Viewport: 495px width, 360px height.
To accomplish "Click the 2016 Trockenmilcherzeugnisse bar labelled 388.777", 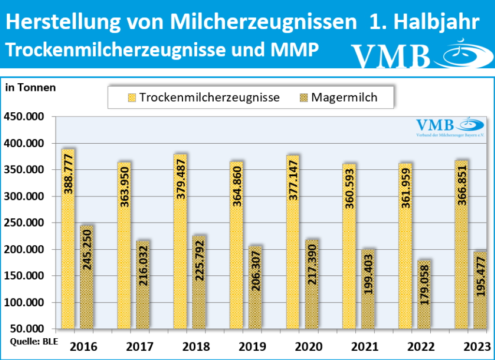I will [68, 240].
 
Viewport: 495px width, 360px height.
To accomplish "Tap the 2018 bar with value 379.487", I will [180, 242].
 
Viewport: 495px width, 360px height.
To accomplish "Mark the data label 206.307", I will [255, 272].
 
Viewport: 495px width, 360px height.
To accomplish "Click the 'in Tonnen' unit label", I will [30, 88].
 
